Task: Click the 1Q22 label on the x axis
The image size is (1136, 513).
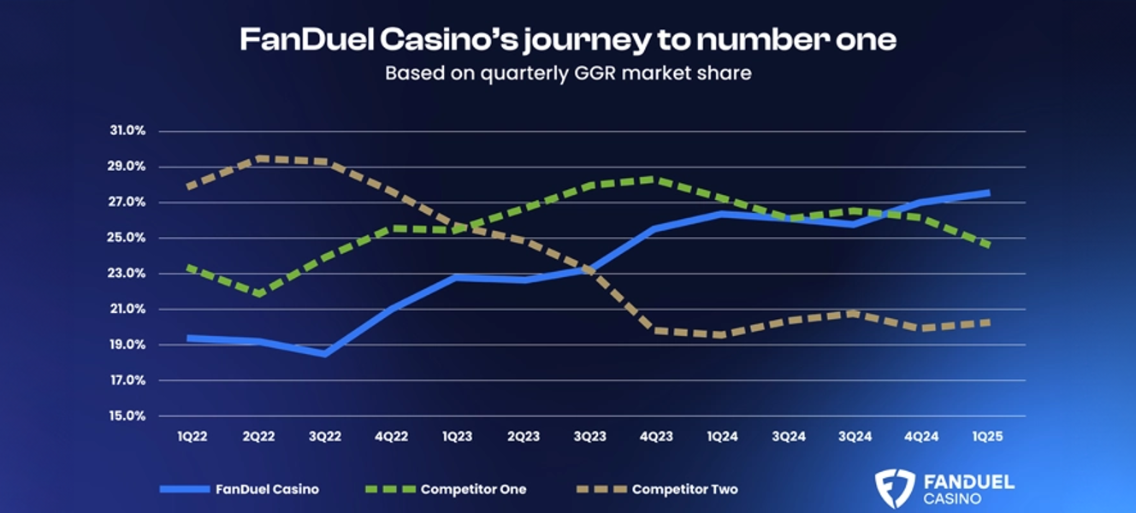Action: click(192, 436)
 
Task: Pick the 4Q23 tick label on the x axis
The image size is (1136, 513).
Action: click(656, 436)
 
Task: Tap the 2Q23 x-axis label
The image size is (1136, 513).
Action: click(524, 436)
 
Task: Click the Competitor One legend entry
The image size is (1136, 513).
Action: click(473, 490)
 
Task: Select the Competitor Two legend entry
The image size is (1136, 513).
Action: click(684, 490)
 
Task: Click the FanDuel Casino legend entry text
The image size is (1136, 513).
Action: click(267, 490)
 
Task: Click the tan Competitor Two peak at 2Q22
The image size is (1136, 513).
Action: click(259, 158)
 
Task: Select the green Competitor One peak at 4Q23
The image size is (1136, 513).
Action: click(653, 179)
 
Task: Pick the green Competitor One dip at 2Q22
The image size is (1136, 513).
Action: click(259, 293)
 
